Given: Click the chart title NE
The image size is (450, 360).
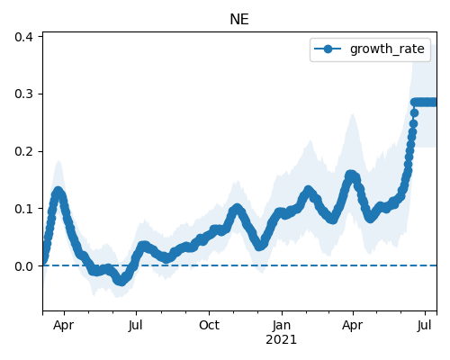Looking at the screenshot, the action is coord(239,20).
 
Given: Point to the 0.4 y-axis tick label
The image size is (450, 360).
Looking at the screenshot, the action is coord(23,37).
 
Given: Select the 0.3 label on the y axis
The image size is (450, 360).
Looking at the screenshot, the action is coord(23,94).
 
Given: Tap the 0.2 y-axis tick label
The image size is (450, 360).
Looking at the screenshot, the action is coord(23,151).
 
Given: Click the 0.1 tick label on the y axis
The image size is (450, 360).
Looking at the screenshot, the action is coord(23,209).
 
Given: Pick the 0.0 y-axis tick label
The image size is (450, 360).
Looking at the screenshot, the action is coord(23,265).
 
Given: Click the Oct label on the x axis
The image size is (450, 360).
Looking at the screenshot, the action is coord(209,325).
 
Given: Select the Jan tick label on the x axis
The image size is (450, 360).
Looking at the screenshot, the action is coord(282,325).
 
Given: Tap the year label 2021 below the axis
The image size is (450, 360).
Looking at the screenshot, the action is coord(282,339).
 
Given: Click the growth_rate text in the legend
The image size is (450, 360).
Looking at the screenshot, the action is coord(387,49).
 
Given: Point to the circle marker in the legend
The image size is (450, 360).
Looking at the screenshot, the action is coord(328,49).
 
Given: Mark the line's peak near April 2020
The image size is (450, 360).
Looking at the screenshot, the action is coord(58,192).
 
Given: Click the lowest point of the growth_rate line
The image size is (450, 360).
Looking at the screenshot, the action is coord(121,281).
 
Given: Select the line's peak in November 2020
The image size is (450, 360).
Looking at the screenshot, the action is coord(237,208).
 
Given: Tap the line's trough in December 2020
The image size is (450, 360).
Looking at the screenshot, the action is coord(260,246).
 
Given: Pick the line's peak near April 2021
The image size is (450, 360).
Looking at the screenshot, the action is coord(350,175).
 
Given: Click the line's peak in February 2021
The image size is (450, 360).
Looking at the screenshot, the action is coord(308,191).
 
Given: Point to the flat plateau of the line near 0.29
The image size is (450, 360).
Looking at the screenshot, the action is coord(425,103).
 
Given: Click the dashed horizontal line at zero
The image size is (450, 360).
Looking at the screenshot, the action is coord(239,265).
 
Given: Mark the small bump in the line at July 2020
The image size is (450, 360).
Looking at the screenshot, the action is coord(143,246).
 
